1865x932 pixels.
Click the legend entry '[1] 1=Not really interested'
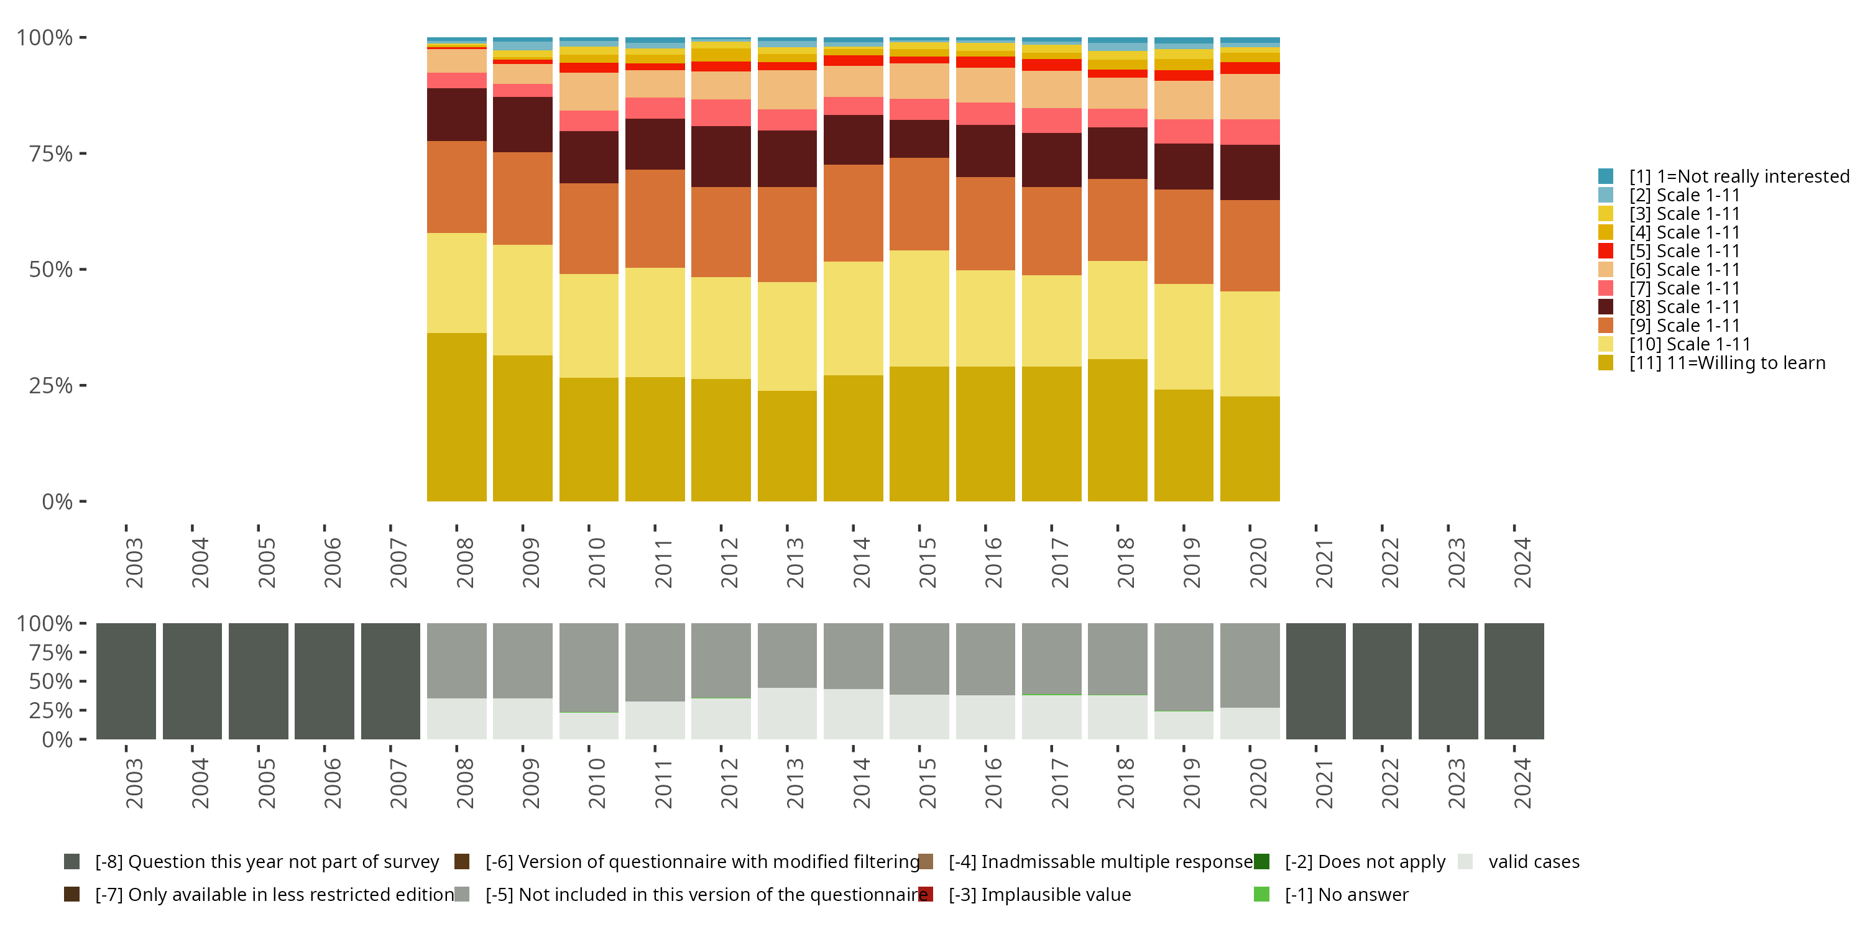click(x=1738, y=176)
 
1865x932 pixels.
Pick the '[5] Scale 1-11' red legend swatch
click(x=1605, y=251)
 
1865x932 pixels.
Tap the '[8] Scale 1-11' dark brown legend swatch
click(x=1605, y=307)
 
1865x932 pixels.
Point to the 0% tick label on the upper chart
click(x=57, y=501)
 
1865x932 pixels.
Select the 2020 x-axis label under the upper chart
click(x=1258, y=562)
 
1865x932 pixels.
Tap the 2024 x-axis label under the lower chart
click(x=1522, y=783)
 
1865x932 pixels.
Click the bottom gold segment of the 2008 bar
click(x=457, y=417)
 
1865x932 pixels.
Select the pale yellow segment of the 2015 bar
click(x=919, y=308)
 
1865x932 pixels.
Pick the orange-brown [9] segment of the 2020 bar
click(x=1250, y=246)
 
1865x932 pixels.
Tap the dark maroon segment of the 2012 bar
click(x=721, y=157)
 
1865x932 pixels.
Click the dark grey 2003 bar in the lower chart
click(x=126, y=681)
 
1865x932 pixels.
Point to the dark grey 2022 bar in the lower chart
click(x=1382, y=681)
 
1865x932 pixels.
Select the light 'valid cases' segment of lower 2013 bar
click(x=787, y=713)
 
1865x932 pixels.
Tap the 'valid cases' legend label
click(x=1534, y=862)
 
